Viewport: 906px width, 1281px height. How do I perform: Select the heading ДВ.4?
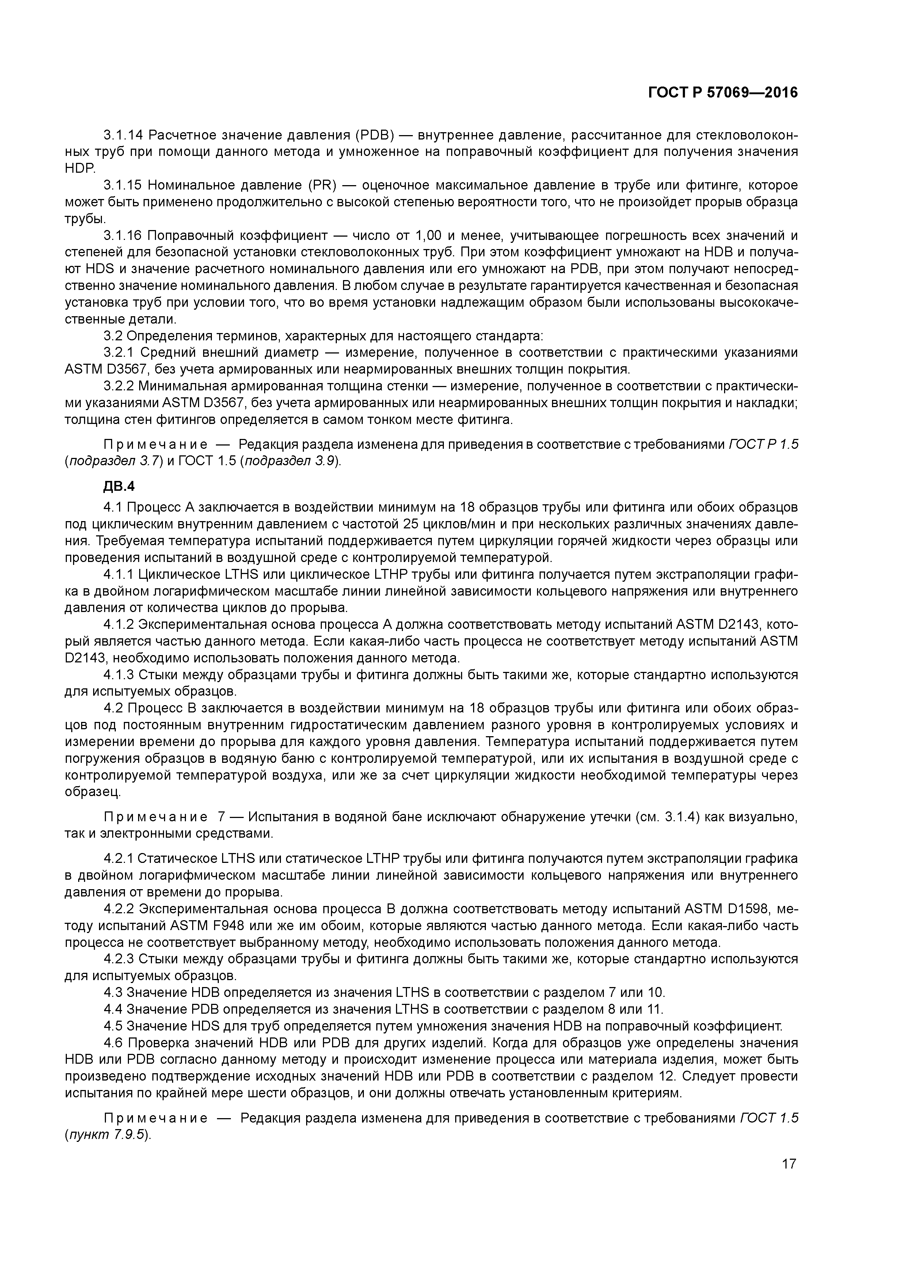(x=119, y=486)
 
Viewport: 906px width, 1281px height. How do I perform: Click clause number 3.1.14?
(x=124, y=135)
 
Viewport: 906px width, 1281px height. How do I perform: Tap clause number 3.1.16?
(x=124, y=236)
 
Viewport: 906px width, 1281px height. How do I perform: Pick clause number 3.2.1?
(x=119, y=353)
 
